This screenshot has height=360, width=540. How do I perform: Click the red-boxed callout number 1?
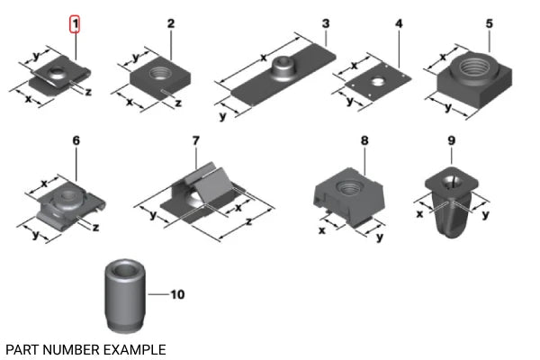[76, 22]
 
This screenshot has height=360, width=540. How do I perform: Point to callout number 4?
[399, 22]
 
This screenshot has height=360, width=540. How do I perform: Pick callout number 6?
[76, 141]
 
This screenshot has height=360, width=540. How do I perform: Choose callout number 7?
[195, 141]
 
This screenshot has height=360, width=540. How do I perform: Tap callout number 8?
[364, 141]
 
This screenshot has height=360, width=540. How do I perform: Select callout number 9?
[451, 141]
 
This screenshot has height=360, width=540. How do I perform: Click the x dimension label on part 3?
[264, 58]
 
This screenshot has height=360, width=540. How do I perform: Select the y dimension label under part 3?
[222, 115]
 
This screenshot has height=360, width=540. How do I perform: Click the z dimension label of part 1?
[87, 91]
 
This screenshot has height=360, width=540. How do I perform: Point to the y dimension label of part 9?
[485, 216]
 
